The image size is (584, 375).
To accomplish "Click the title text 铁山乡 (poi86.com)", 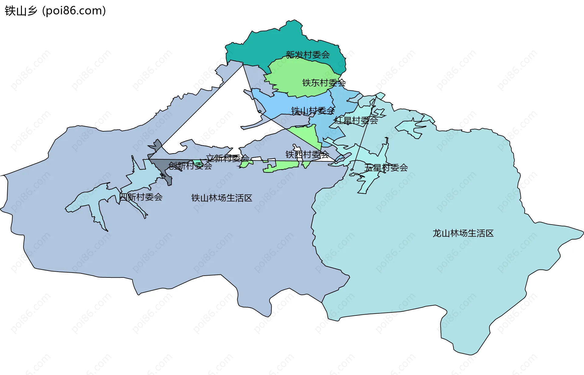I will (x=55, y=11).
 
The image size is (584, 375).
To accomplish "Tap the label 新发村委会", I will (x=308, y=55).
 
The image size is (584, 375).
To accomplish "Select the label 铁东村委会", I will (x=324, y=83).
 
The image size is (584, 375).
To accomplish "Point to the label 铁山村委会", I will (x=313, y=111).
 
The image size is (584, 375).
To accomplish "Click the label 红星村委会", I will (x=356, y=120).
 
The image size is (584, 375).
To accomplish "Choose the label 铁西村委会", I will (x=307, y=154).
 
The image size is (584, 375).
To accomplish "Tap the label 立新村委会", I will (x=228, y=158).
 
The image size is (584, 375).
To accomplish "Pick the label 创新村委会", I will (x=190, y=166).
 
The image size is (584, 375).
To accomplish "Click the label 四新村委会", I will (x=141, y=197).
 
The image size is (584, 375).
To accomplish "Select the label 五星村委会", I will (x=386, y=167).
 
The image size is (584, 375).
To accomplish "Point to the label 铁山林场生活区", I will (x=222, y=198).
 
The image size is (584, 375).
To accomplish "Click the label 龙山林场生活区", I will (x=463, y=233).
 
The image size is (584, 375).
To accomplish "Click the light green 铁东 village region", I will (x=292, y=76).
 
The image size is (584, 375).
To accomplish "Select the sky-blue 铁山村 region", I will (x=274, y=103).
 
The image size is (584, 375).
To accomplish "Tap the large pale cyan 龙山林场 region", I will (x=426, y=274).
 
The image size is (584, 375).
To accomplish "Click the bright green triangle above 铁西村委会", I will (x=307, y=134).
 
